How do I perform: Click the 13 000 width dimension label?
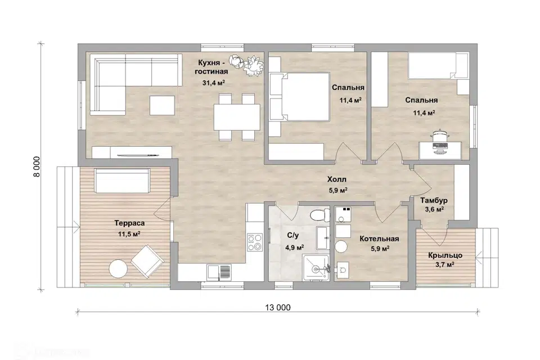point(278,308)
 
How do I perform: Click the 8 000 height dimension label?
point(37,166)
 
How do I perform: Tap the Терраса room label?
point(129,223)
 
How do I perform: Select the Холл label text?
point(337,179)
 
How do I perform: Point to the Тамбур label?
point(434,200)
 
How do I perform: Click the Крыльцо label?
point(445,255)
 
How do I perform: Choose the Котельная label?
point(379,238)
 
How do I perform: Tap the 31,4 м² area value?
point(214,83)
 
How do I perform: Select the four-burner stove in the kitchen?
point(255,242)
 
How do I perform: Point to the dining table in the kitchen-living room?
point(237,117)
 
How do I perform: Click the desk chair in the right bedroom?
point(439,136)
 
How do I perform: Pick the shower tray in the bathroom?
point(316,268)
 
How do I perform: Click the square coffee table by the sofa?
point(162,105)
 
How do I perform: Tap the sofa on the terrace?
point(122,181)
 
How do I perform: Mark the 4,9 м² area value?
point(294,247)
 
